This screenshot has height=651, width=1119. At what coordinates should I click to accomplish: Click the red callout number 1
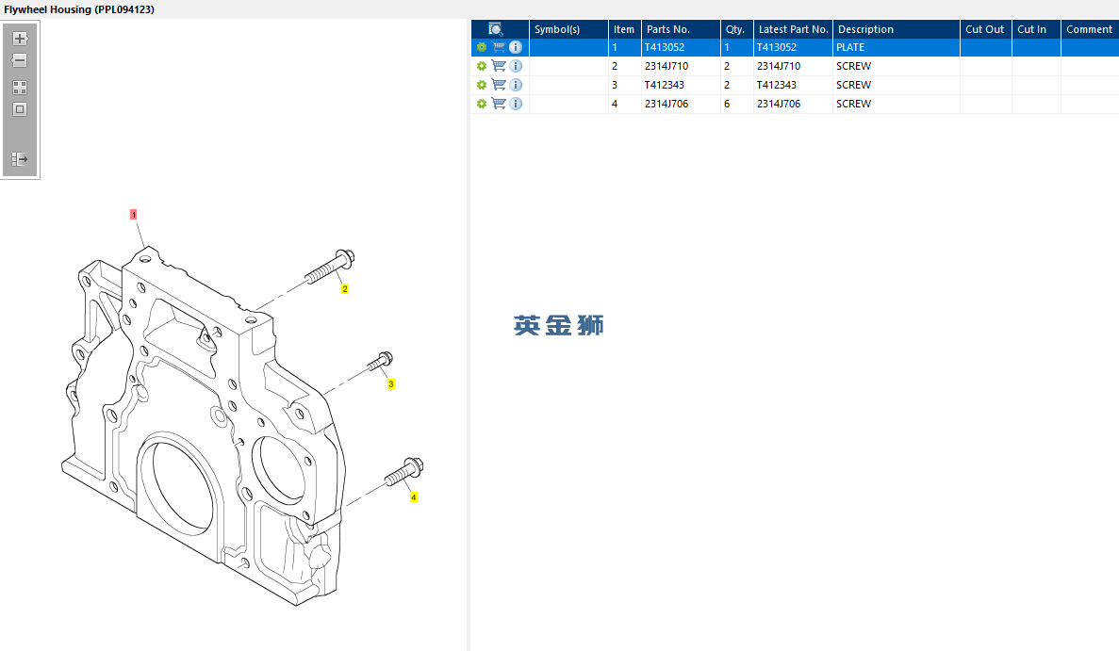pos(134,215)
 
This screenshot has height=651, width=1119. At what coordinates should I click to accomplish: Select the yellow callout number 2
pos(345,289)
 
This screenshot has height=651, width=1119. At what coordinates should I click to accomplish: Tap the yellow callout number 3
pos(391,384)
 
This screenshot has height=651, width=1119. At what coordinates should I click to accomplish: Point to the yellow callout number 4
pos(413,497)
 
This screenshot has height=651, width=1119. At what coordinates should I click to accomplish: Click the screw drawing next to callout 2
pos(330,266)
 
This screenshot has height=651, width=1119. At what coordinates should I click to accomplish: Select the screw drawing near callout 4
pos(403,472)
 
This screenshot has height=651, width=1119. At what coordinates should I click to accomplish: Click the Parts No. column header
pos(668,29)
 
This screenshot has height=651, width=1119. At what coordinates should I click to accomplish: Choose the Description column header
pos(865,29)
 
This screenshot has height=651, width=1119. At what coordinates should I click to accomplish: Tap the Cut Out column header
pos(985,29)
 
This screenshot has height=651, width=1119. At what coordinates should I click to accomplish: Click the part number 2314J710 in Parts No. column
pos(666,66)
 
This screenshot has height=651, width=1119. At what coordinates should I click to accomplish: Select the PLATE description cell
pos(850,47)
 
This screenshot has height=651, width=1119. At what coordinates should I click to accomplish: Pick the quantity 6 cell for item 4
pos(727,104)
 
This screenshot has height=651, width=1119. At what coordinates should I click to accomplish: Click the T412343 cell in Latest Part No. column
pos(777,85)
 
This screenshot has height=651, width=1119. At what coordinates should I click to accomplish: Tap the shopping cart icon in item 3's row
pos(499,85)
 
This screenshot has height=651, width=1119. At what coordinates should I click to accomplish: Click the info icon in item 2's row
pos(516,66)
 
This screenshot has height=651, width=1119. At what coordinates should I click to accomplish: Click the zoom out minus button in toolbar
pos(20,60)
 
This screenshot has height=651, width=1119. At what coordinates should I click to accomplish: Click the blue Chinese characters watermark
pos(559,325)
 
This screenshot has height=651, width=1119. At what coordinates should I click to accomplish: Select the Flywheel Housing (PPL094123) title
pos(79,9)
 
